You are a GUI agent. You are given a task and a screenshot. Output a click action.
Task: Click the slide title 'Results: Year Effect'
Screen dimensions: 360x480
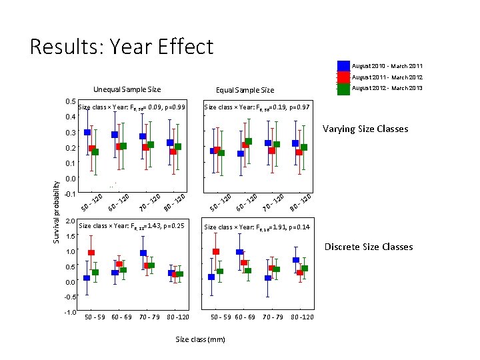click(121, 47)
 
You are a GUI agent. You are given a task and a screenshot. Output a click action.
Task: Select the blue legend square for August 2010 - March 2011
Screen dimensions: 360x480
click(343, 66)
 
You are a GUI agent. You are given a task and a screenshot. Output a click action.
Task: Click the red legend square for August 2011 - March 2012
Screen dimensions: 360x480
click(343, 77)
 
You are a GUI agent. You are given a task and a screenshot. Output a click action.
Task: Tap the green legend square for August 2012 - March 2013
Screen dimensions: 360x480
click(343, 89)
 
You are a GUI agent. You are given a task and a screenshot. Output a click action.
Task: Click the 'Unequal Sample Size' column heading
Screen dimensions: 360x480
click(127, 89)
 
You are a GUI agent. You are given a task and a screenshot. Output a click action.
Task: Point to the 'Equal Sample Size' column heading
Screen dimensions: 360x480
click(245, 90)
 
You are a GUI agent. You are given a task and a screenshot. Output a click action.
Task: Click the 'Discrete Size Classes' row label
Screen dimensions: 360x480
click(369, 247)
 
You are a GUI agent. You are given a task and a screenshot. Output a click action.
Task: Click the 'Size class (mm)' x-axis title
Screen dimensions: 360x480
click(200, 339)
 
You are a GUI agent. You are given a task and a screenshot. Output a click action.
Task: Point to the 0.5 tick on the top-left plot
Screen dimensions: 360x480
click(71, 101)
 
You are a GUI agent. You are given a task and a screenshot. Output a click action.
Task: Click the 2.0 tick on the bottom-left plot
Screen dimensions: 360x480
click(71, 222)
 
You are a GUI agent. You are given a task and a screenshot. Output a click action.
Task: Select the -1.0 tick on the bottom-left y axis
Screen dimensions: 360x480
click(70, 312)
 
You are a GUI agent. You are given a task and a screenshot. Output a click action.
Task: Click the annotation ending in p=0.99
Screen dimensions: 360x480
click(132, 107)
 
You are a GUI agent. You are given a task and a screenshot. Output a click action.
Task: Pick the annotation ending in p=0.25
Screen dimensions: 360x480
click(131, 227)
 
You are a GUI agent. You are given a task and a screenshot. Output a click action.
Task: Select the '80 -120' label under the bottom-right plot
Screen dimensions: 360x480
click(302, 317)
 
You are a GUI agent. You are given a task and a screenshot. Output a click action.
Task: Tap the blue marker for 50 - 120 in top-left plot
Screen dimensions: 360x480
click(87, 133)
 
